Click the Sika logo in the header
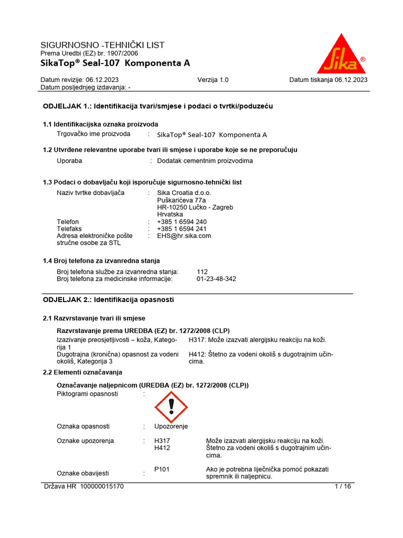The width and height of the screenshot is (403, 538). (x=342, y=55)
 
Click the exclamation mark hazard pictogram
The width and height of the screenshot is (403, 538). (x=171, y=407)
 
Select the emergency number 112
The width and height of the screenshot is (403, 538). (x=202, y=272)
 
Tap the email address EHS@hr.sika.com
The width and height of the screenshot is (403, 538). (x=184, y=236)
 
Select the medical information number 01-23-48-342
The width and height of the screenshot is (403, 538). (x=216, y=279)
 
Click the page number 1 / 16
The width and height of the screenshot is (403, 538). (x=342, y=487)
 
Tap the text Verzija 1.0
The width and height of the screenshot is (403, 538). (x=213, y=80)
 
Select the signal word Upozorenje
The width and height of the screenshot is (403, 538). (x=171, y=427)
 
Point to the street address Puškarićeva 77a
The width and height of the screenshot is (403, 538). (x=182, y=200)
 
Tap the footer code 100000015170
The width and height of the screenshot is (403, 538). (x=102, y=487)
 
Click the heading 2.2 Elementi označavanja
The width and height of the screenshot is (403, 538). (x=82, y=373)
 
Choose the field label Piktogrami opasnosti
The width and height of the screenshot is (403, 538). (x=87, y=394)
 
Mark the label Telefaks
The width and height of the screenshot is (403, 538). (x=70, y=229)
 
